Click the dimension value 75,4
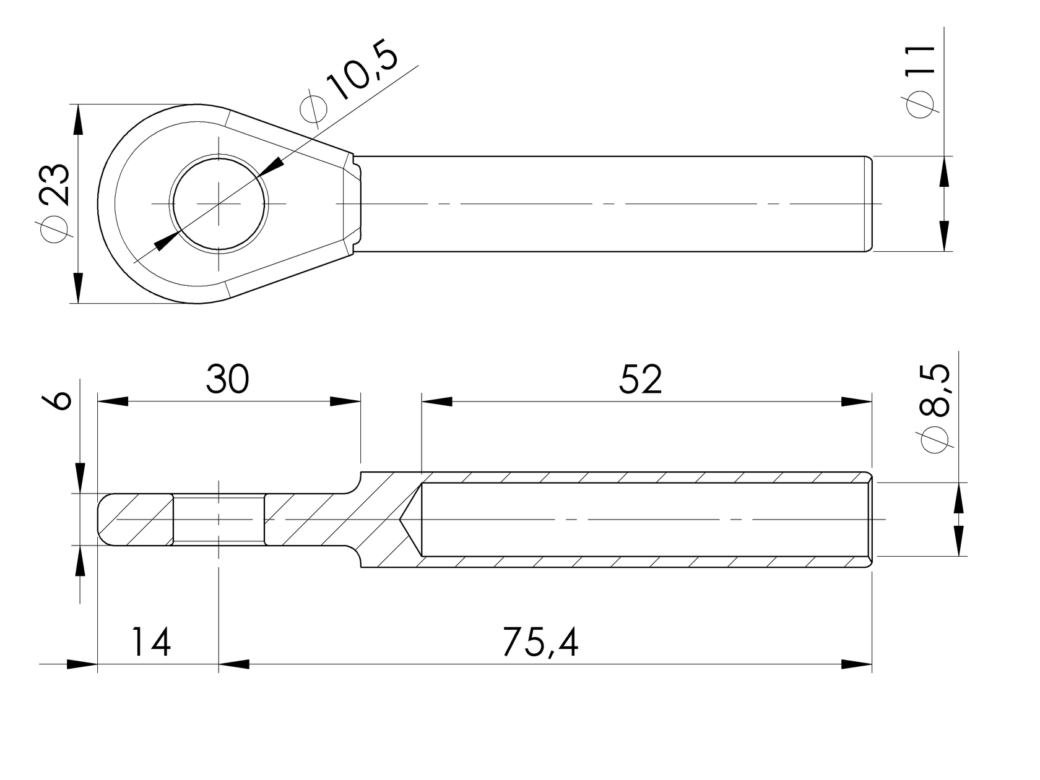[540, 642]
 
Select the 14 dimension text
[150, 642]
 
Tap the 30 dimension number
[227, 379]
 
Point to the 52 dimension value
[640, 379]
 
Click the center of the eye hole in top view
[219, 204]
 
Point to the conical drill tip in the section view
[410, 520]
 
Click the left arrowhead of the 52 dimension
[436, 401]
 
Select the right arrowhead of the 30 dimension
[345, 401]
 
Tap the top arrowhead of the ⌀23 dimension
[77, 119]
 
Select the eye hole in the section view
[219, 520]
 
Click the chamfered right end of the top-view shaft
[869, 204]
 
